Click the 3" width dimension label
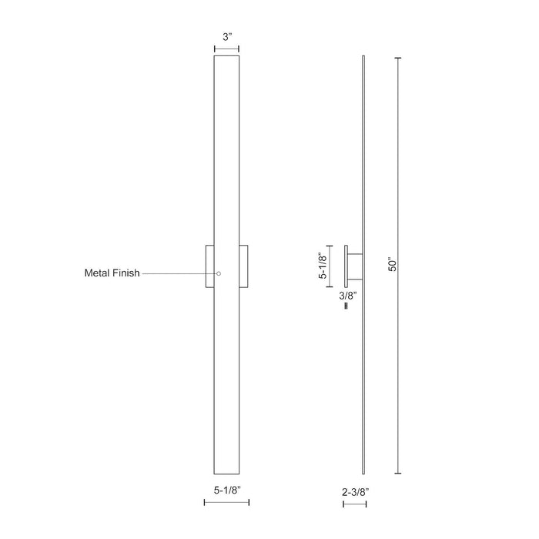226,35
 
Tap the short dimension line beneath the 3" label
226,50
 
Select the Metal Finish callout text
112,273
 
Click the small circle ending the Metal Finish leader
219,273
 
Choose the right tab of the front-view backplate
243,266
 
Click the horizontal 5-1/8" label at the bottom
226,487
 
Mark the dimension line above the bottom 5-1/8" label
226,502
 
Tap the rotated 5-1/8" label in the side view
323,266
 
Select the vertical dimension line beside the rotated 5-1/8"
332,266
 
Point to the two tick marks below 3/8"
346,306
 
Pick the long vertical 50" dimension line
398,266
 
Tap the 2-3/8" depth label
355,487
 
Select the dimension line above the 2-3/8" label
355,502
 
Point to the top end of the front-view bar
226,59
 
